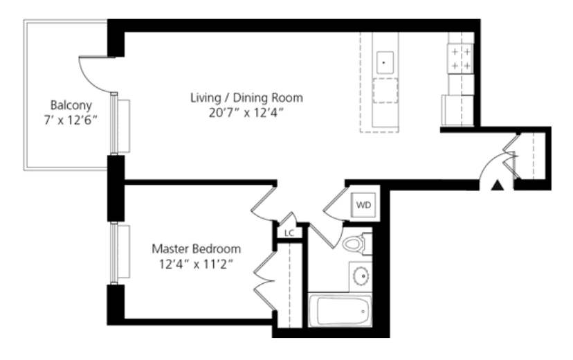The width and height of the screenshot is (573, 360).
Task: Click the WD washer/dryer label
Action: coord(363,205)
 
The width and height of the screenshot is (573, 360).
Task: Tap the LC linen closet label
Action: coord(289,233)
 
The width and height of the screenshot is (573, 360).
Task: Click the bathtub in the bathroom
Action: coord(340,311)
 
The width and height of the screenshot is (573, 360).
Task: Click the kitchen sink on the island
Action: coord(385,63)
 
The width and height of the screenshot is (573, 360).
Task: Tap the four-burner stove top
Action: coord(461,59)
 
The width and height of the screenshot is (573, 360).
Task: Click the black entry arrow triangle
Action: coord(498,186)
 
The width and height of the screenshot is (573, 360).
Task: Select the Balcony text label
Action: coord(71,105)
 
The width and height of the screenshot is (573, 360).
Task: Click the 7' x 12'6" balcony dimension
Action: coord(71,120)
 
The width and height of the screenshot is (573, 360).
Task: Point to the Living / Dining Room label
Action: coord(246,98)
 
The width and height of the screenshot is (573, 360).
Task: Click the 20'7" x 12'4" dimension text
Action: coord(246,113)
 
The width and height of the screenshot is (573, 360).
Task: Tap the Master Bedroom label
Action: coord(197,249)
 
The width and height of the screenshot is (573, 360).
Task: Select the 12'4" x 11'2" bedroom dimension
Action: coord(197,264)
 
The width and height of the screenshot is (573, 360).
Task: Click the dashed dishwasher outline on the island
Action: coord(385,90)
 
